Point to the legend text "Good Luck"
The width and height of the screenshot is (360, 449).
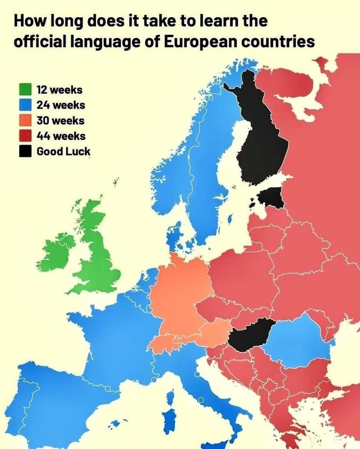(63, 152)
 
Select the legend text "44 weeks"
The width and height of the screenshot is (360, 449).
(61, 136)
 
